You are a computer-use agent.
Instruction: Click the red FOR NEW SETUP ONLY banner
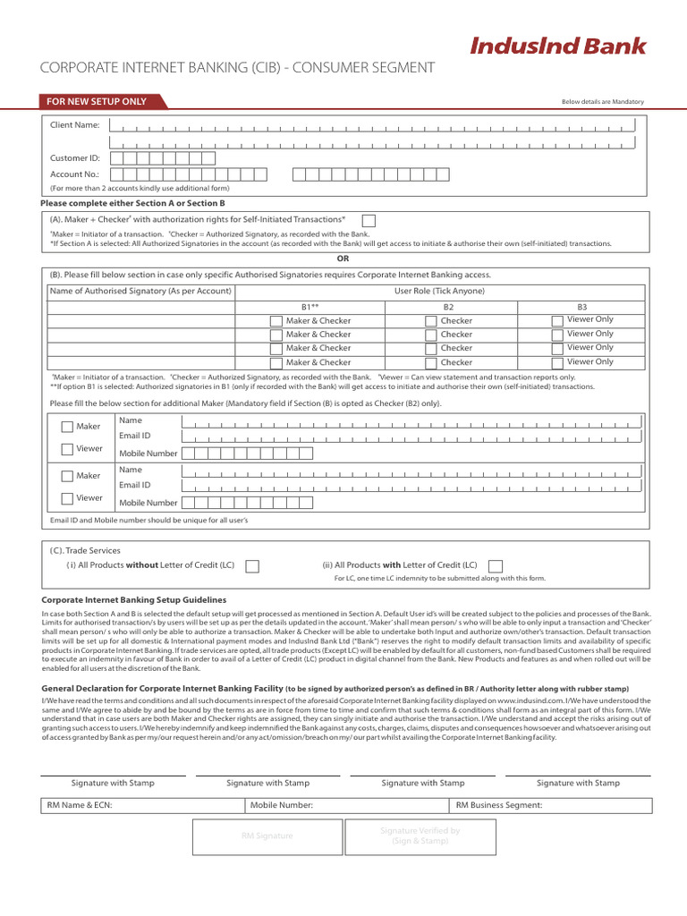[98, 101]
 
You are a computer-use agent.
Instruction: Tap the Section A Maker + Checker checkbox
[369, 220]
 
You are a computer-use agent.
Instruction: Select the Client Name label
[75, 125]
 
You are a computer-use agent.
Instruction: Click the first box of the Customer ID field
[117, 158]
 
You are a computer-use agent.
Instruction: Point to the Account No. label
[75, 174]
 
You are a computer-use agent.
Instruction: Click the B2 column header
[448, 306]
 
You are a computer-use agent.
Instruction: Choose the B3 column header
[581, 306]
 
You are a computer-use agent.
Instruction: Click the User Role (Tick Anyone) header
[439, 291]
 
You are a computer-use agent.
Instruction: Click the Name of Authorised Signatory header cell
[140, 291]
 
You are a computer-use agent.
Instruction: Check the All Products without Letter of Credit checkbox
[252, 565]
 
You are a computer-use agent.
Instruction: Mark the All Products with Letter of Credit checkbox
[496, 565]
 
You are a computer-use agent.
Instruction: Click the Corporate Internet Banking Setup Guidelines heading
[134, 599]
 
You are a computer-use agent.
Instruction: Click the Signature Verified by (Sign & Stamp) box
[420, 835]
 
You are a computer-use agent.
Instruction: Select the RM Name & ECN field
[143, 805]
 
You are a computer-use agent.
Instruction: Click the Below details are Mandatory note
[602, 102]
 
